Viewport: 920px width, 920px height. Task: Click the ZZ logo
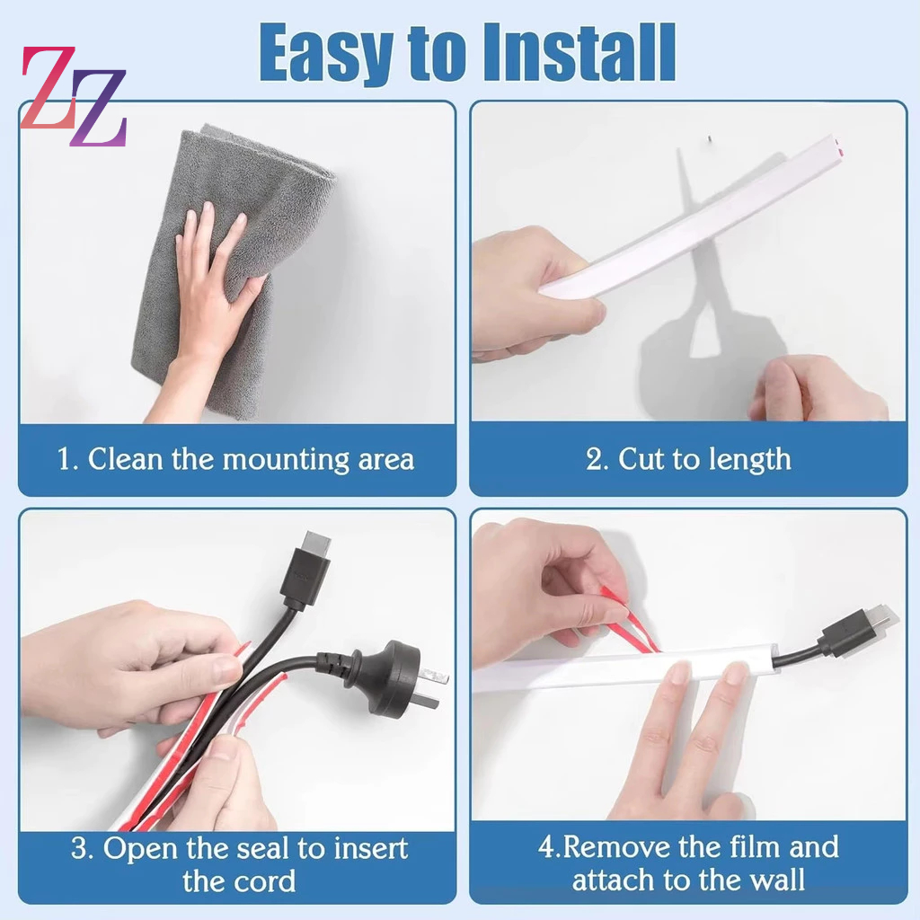coord(74,96)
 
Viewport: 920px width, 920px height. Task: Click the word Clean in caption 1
coord(125,459)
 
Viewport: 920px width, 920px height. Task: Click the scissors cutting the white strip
coord(712,294)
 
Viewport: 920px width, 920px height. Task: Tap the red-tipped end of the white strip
coord(838,147)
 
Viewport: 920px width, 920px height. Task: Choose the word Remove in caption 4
coord(613,847)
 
